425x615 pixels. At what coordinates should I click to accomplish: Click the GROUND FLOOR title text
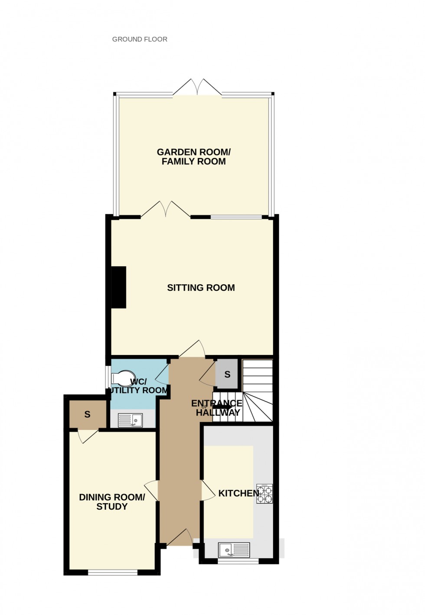click(x=140, y=39)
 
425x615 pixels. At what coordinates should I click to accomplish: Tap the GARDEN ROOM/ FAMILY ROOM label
click(x=193, y=157)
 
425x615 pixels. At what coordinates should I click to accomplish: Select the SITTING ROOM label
click(x=201, y=288)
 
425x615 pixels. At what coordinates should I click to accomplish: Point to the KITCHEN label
click(x=238, y=493)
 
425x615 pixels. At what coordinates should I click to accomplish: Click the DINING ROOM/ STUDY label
click(x=112, y=502)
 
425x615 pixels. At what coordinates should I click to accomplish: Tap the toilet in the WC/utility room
click(x=123, y=378)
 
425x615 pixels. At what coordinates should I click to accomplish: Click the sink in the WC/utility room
click(x=131, y=420)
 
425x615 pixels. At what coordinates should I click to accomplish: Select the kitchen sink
click(x=234, y=550)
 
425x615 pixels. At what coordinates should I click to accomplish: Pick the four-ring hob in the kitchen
click(x=265, y=494)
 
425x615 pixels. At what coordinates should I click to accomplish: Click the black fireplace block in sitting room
click(x=119, y=287)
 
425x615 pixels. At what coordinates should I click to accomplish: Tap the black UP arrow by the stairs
click(x=222, y=407)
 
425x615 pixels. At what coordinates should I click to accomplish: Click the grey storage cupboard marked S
click(x=227, y=374)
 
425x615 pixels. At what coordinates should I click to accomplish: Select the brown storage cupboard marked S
click(x=87, y=414)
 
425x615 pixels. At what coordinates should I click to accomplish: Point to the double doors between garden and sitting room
click(x=165, y=209)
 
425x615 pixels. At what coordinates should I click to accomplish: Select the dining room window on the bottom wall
click(x=113, y=572)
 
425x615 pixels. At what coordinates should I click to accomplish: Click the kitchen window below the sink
click(x=238, y=561)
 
